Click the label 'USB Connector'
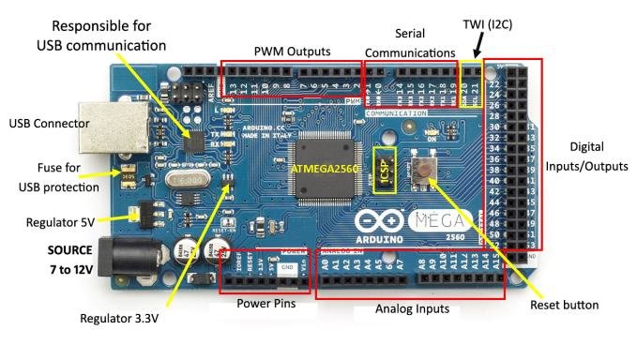point(49,123)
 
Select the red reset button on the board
point(424,170)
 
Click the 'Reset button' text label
point(564,305)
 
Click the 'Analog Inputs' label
point(412,308)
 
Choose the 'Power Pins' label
point(265,303)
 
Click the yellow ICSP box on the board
point(383,170)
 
